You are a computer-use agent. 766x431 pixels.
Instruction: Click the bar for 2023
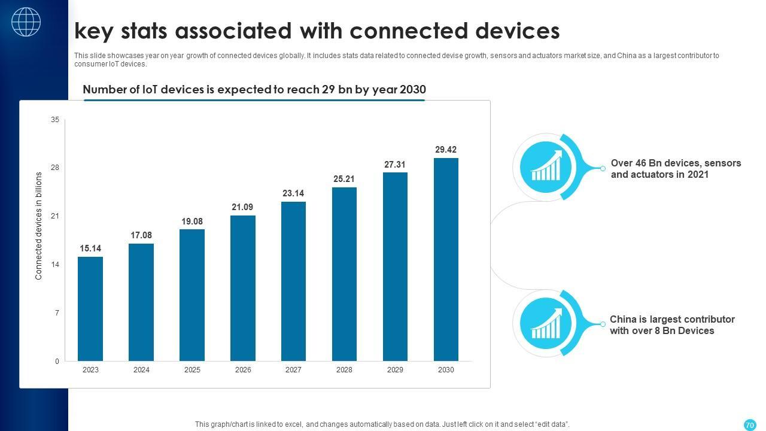coord(90,309)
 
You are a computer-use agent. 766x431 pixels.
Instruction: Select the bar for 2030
coord(446,259)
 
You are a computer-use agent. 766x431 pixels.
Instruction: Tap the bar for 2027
coord(293,281)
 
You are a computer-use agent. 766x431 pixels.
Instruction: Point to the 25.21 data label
coord(344,178)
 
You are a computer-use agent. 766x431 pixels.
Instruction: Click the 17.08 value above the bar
coord(141,235)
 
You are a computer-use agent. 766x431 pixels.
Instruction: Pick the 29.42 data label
coord(446,150)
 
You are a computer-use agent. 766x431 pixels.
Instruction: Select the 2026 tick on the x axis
coord(243,370)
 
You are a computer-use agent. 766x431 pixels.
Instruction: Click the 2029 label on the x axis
coord(395,370)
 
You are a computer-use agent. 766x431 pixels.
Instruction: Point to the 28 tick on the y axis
coord(55,168)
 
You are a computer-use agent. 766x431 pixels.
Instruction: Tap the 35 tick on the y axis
coord(55,120)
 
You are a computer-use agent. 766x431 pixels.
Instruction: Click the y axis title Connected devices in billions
coord(39,226)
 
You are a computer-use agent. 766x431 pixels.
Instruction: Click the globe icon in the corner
coord(26,22)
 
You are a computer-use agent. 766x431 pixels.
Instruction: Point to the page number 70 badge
coord(749,425)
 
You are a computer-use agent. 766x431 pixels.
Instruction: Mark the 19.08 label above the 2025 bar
coord(192,221)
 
